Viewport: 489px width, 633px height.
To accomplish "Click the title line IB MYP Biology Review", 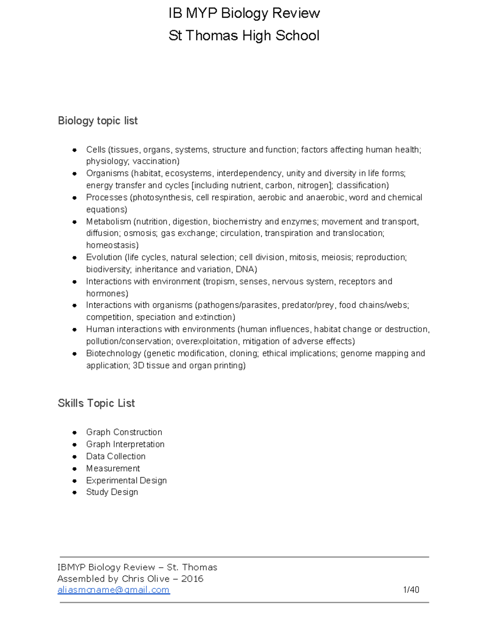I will (244, 13).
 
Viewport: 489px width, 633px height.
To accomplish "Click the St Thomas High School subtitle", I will (244, 36).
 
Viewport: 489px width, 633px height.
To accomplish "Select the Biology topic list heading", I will (98, 121).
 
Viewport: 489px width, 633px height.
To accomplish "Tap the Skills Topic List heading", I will (96, 403).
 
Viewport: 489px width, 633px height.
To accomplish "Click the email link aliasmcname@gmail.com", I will (114, 590).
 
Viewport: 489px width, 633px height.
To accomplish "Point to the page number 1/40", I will (411, 590).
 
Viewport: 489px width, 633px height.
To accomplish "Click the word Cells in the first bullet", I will (96, 150).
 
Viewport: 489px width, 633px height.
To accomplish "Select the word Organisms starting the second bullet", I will (107, 173).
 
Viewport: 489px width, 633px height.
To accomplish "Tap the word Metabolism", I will (108, 222).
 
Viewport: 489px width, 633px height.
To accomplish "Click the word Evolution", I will (104, 258).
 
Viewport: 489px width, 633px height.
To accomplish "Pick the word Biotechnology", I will (114, 353).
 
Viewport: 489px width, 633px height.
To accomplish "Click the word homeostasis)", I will (112, 245).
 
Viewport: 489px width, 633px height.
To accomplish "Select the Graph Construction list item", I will (124, 432).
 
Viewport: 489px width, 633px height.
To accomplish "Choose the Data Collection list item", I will (116, 456).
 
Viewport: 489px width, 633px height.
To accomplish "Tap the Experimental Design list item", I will (126, 481).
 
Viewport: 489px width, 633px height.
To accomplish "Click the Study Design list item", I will (112, 492).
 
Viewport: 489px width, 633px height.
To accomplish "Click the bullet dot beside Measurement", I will (75, 469).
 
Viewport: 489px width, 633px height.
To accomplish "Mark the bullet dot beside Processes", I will (75, 198).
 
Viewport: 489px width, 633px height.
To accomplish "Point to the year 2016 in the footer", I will (192, 579).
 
